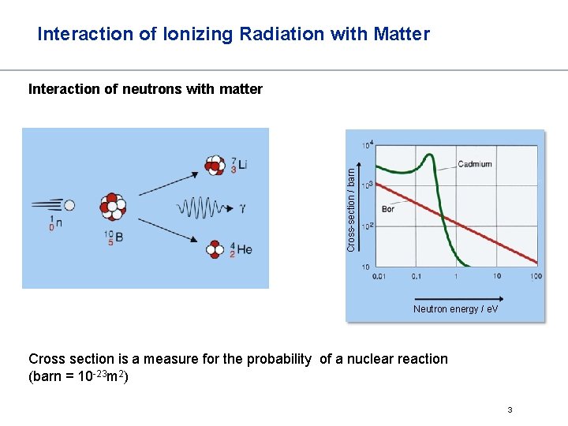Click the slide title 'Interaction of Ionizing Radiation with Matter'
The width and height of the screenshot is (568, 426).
click(x=234, y=34)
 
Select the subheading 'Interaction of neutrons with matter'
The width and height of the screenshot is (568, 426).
click(x=145, y=89)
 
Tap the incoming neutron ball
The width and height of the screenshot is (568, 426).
click(x=69, y=205)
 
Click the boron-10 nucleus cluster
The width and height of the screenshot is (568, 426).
click(x=113, y=207)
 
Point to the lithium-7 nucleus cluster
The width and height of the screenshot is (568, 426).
click(x=215, y=164)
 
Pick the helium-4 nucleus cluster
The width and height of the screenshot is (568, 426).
click(x=215, y=249)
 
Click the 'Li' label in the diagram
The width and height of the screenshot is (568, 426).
click(x=241, y=165)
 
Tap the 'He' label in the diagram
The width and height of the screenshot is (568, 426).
click(x=244, y=249)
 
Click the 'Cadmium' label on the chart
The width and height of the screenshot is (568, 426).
click(x=475, y=165)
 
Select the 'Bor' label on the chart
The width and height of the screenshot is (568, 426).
click(x=388, y=209)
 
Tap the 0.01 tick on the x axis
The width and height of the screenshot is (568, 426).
click(x=380, y=276)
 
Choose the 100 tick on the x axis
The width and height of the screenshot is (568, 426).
click(x=536, y=276)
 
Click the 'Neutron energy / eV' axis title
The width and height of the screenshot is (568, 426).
click(x=455, y=309)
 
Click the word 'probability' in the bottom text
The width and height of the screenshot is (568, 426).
click(x=278, y=359)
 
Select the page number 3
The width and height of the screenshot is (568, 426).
click(x=510, y=409)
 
